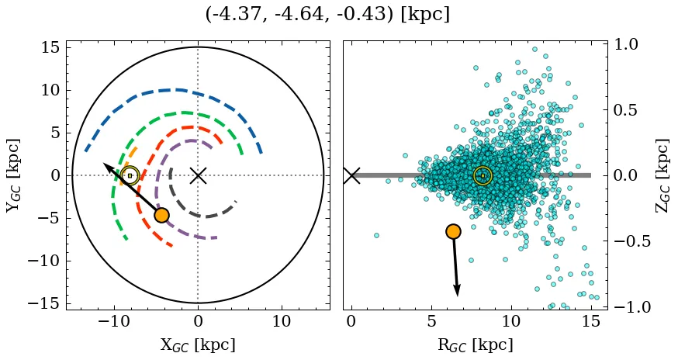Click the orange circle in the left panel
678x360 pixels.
click(161, 215)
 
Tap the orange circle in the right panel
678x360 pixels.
click(454, 231)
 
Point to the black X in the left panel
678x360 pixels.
click(198, 175)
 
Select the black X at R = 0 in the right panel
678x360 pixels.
click(351, 175)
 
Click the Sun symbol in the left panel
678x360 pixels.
click(130, 176)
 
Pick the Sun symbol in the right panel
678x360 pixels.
click(483, 176)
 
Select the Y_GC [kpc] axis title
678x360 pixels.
click(13, 175)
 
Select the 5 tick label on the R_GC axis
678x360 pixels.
click(431, 321)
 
